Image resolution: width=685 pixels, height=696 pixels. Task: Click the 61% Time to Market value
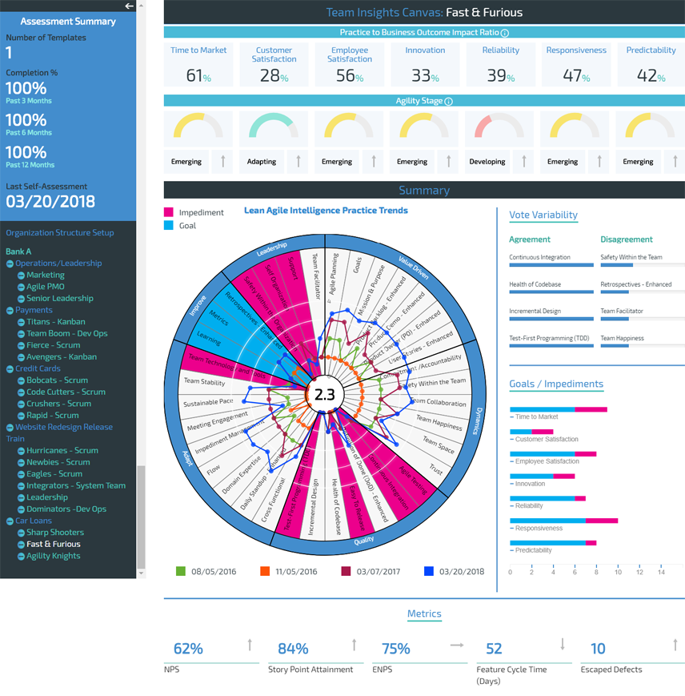click(x=198, y=76)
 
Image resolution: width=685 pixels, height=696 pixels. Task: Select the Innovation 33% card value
click(x=425, y=76)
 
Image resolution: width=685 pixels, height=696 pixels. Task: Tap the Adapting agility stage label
click(x=262, y=162)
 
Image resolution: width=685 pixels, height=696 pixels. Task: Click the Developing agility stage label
click(x=487, y=162)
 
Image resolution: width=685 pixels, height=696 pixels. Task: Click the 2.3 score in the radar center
click(x=325, y=394)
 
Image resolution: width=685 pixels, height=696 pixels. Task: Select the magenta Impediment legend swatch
click(x=169, y=213)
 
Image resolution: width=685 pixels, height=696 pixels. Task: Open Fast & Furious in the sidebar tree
click(x=54, y=544)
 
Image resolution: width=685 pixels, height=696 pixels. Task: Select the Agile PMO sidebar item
click(x=46, y=287)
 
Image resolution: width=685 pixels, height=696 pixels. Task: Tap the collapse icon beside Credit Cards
click(x=10, y=368)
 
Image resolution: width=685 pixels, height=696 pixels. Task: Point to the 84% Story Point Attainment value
click(x=293, y=649)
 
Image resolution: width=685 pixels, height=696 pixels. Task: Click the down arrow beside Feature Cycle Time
click(x=562, y=645)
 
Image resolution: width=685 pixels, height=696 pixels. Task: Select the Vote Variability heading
click(x=543, y=215)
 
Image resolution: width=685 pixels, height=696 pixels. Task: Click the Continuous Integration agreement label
click(x=540, y=257)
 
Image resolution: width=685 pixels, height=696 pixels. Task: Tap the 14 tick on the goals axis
click(x=661, y=573)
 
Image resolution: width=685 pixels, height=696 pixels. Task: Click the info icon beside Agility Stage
click(x=448, y=102)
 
